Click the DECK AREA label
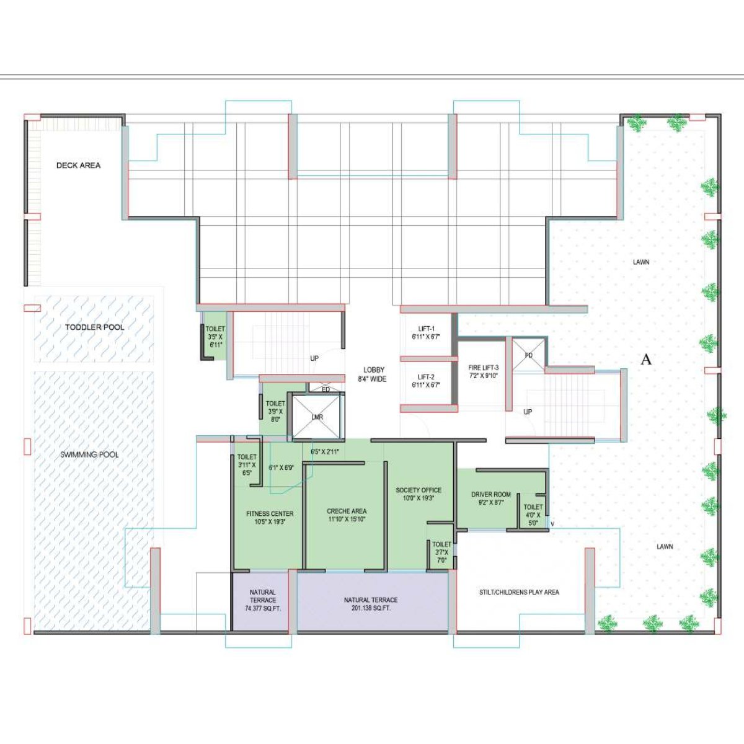78,166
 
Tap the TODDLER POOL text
95,327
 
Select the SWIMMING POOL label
89,454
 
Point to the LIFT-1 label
426,333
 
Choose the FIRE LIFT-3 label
483,371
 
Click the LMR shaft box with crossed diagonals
317,417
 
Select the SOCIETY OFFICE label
418,494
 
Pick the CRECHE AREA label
347,515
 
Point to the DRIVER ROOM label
491,498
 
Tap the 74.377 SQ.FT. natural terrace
263,600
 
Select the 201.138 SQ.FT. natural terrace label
371,604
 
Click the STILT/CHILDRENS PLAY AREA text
519,592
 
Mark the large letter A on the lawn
646,360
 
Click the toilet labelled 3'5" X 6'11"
215,337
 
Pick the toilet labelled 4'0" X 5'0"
533,515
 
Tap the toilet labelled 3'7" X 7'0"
441,552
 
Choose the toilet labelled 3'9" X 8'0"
275,411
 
